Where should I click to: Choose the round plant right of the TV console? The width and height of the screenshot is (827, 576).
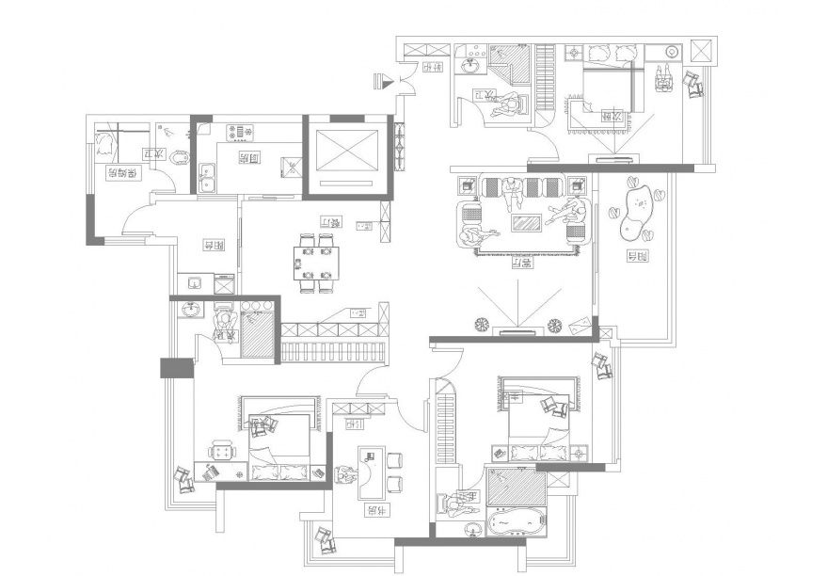[555, 326]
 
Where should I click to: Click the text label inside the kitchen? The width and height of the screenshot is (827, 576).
[248, 159]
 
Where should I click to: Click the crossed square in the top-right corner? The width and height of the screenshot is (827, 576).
[702, 51]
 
